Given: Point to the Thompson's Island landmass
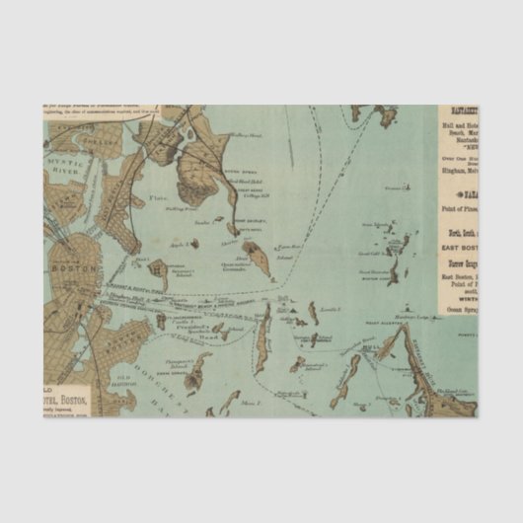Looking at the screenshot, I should click(197, 371).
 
